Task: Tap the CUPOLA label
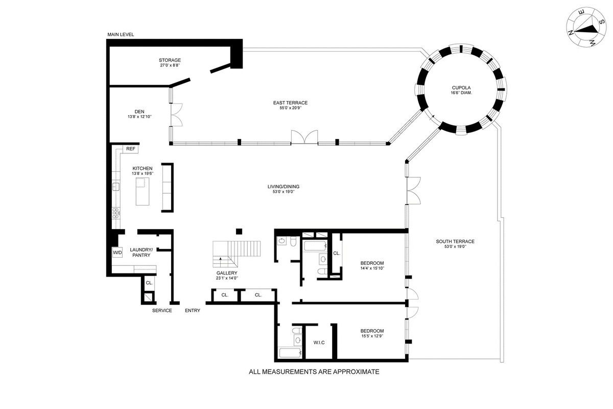pyautogui.click(x=461, y=87)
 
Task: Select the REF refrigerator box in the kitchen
pyautogui.click(x=131, y=149)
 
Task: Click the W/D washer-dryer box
pyautogui.click(x=117, y=253)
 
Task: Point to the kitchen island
pyautogui.click(x=143, y=191)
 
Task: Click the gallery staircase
pyautogui.click(x=237, y=254)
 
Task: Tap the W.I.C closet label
pyautogui.click(x=319, y=343)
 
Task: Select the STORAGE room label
pyautogui.click(x=170, y=60)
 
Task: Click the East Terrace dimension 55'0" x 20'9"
pyautogui.click(x=290, y=108)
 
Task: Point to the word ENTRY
pyautogui.click(x=193, y=310)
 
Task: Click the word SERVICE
pyautogui.click(x=162, y=310)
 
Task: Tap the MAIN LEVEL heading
pyautogui.click(x=121, y=35)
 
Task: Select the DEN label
pyautogui.click(x=139, y=111)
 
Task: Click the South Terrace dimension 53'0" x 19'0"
pyautogui.click(x=455, y=246)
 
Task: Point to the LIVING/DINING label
pyautogui.click(x=284, y=187)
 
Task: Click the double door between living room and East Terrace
pyautogui.click(x=304, y=137)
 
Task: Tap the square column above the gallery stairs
pyautogui.click(x=239, y=232)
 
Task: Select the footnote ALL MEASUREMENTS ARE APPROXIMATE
pyautogui.click(x=314, y=372)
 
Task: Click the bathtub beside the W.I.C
pyautogui.click(x=290, y=353)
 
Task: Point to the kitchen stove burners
pyautogui.click(x=116, y=213)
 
